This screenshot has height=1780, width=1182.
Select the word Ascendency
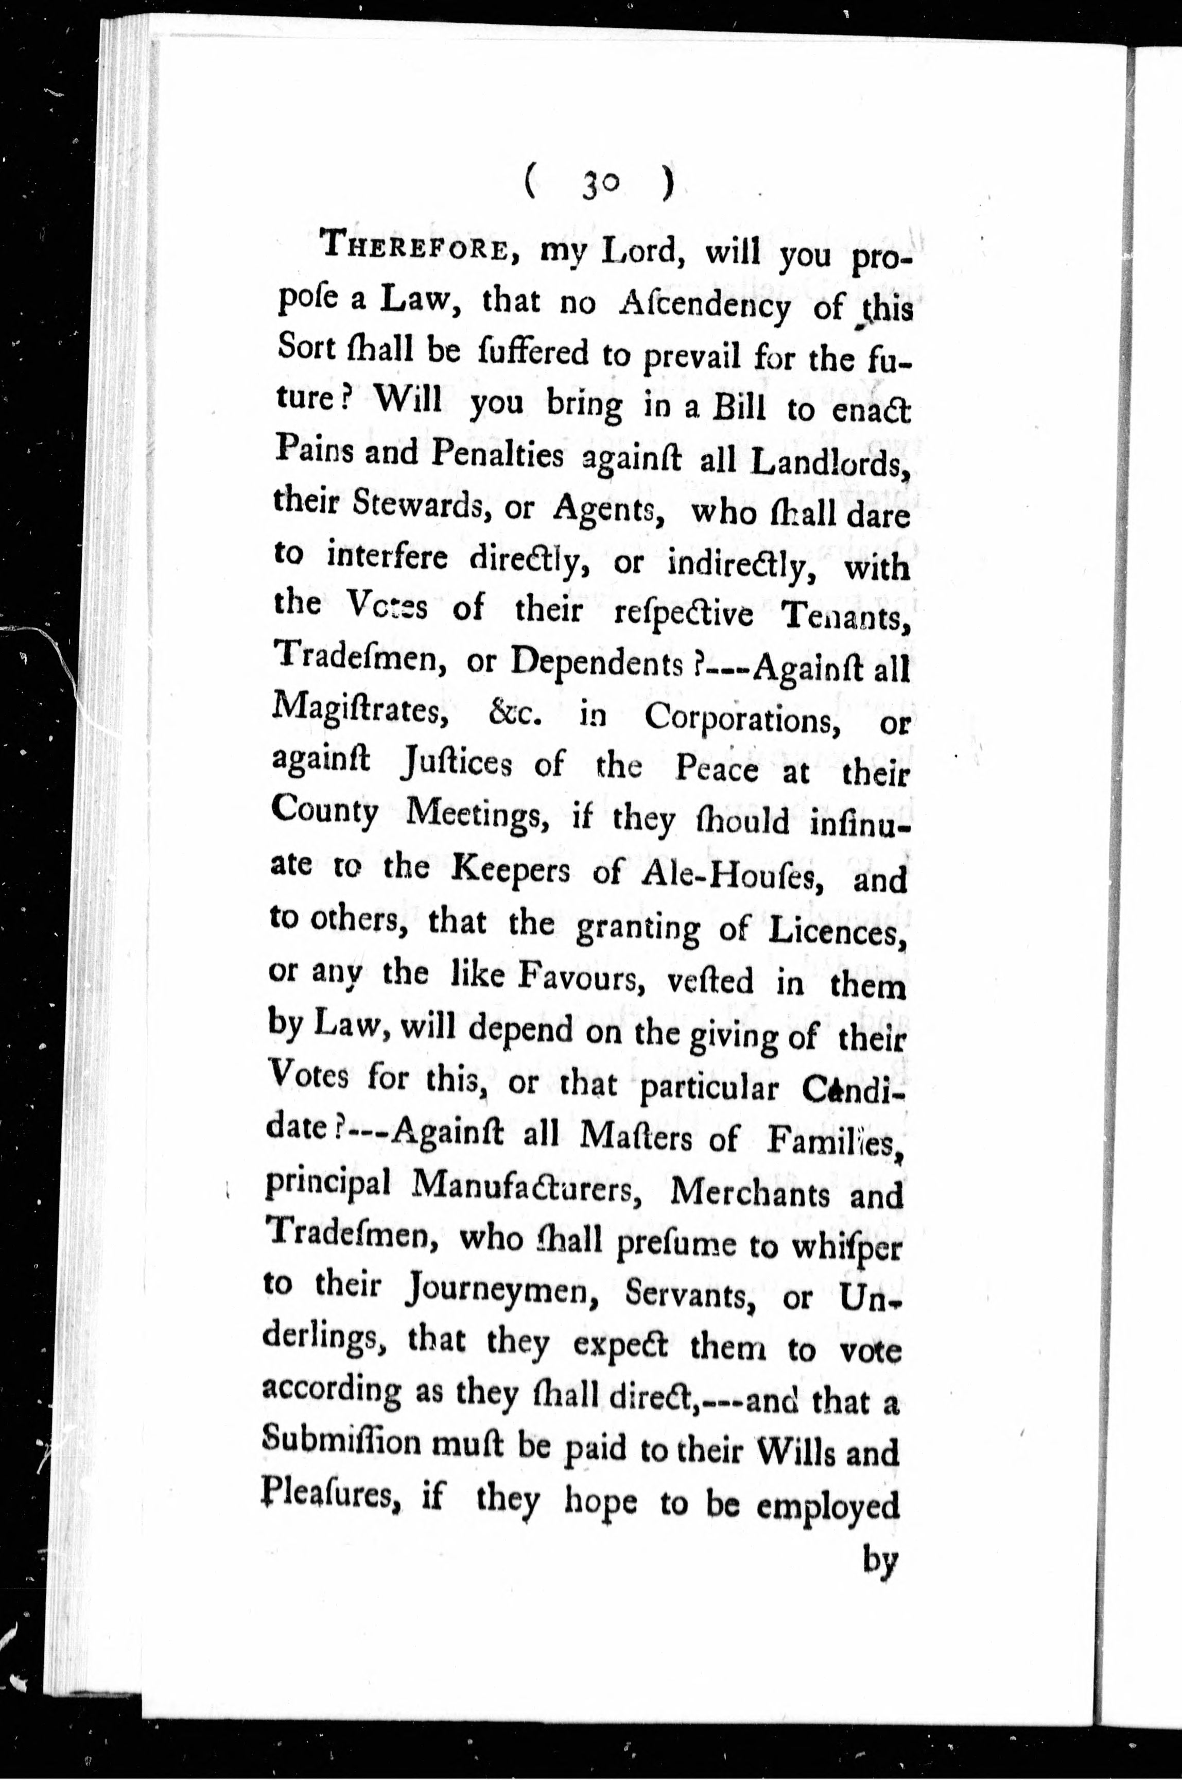704,305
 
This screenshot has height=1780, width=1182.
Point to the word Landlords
831,461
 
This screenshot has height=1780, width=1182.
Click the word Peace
716,768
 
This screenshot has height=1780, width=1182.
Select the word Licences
835,932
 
